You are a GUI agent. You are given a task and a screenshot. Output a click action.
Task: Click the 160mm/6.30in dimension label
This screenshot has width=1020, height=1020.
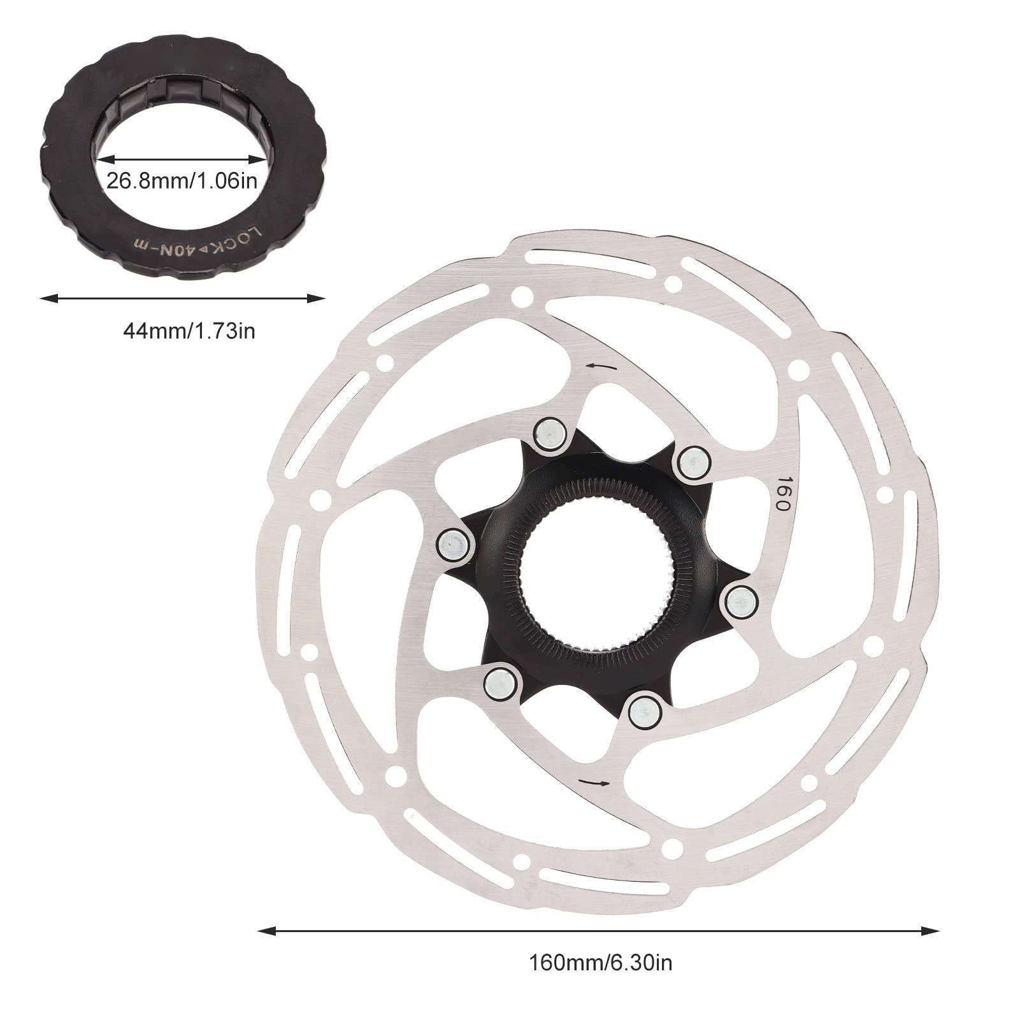click(x=600, y=963)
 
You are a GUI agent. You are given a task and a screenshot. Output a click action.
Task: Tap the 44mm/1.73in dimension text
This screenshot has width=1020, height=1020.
click(x=189, y=331)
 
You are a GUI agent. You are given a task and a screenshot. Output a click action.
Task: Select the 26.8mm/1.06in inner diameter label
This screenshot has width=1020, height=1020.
click(x=182, y=182)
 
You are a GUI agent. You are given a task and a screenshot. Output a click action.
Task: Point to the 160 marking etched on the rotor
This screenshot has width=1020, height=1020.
click(x=783, y=494)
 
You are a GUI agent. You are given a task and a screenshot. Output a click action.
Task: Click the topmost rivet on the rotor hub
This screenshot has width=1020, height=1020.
click(x=550, y=435)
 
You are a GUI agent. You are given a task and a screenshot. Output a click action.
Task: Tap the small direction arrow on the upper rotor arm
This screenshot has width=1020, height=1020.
click(x=601, y=366)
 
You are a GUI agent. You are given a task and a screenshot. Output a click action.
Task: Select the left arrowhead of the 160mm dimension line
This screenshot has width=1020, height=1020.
click(x=262, y=931)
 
